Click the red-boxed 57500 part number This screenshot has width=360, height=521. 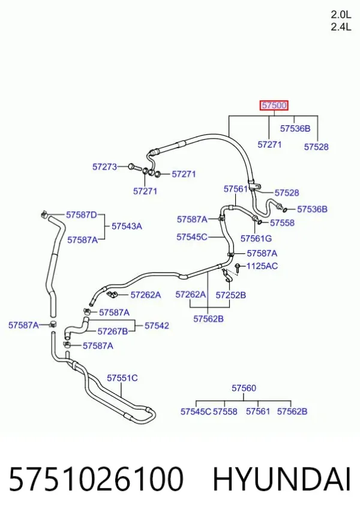(x=274, y=105)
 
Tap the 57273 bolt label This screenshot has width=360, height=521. (x=104, y=166)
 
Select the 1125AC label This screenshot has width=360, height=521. (x=262, y=266)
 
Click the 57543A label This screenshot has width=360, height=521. (x=127, y=226)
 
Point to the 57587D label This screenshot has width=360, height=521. (x=82, y=215)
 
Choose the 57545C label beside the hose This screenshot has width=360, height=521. (x=191, y=237)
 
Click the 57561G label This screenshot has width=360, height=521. (x=256, y=238)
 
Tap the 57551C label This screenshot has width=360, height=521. (x=122, y=378)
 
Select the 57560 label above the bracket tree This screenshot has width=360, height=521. (x=244, y=388)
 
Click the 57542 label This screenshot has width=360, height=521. (x=157, y=325)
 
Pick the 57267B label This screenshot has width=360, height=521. (x=113, y=331)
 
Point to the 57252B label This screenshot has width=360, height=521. (x=231, y=295)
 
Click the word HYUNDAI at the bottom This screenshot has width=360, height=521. (x=281, y=480)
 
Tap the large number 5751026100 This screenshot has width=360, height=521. (x=96, y=479)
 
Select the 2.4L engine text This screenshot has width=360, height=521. (x=341, y=26)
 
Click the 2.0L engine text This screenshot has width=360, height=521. (x=341, y=14)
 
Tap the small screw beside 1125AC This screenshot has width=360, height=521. (x=238, y=268)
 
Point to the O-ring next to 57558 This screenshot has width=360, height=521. (x=261, y=222)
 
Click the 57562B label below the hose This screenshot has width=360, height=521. (x=208, y=319)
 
